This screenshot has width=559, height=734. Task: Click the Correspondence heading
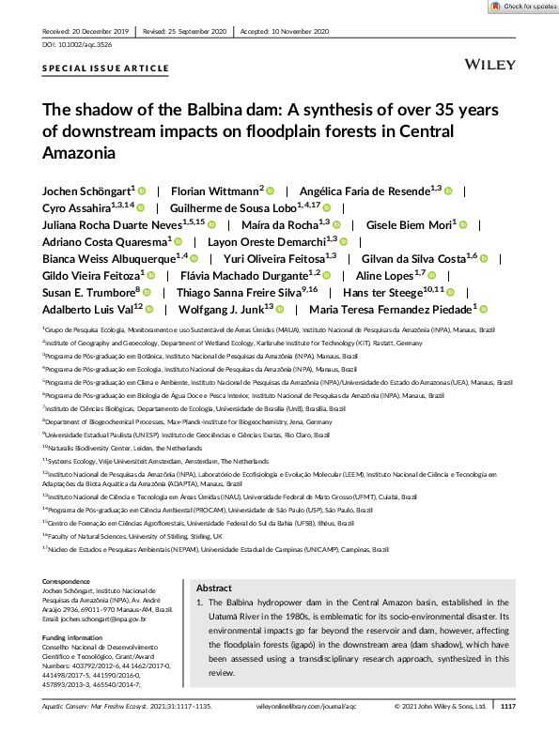click(71, 582)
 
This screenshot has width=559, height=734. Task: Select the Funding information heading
click(77, 636)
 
